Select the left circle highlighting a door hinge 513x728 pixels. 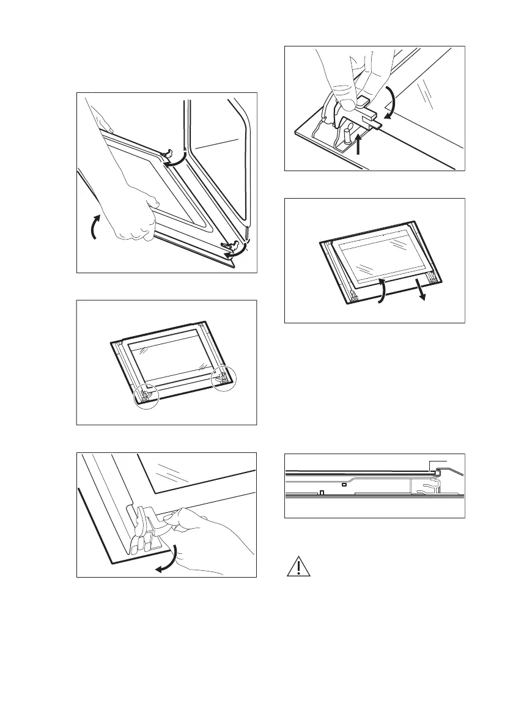[146, 397]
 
